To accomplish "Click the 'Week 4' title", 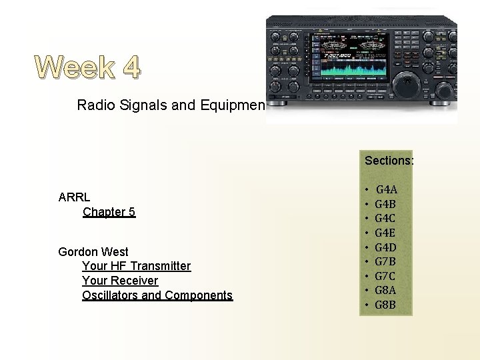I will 88,67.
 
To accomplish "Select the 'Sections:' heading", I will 389,161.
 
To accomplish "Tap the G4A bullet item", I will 387,190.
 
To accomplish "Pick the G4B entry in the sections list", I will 386,204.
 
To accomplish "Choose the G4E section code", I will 386,233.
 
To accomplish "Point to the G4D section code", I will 386,247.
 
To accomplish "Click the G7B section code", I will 386,262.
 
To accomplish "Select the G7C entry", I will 386,276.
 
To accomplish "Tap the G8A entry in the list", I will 386,291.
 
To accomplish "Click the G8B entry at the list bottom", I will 386,305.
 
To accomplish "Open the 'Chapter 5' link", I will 109,212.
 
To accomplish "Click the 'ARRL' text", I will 74,197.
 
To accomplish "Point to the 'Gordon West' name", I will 93,251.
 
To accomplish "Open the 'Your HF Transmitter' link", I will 136,266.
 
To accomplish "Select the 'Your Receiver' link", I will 120,281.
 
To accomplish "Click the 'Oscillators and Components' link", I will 157,295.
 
